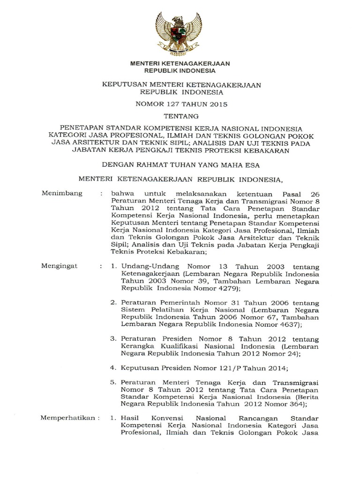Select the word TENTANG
click(180, 116)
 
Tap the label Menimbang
click(62, 193)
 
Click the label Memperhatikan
click(70, 418)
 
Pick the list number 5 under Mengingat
click(112, 382)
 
